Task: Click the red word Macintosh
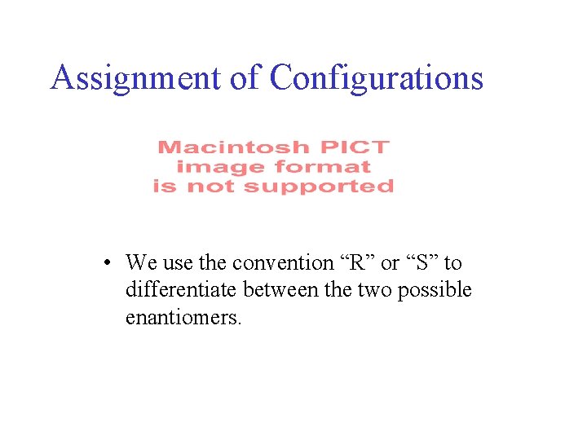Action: click(x=233, y=147)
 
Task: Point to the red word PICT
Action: click(x=355, y=147)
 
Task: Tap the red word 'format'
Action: click(x=323, y=167)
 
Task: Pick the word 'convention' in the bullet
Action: click(x=283, y=263)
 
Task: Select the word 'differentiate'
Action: click(x=173, y=290)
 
